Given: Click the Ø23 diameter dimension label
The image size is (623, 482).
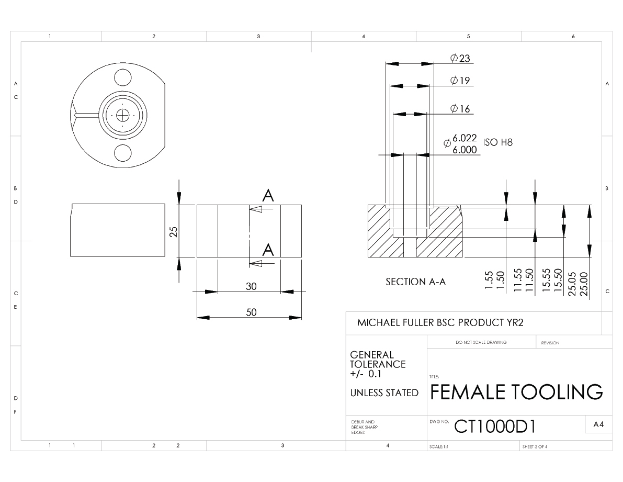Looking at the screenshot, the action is (460, 58).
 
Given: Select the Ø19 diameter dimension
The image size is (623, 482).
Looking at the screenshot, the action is (460, 80).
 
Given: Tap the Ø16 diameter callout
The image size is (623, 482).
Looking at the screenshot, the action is (460, 108).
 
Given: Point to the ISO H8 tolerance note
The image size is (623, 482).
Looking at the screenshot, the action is (498, 142).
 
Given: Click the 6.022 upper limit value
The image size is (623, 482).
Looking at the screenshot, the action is (465, 138).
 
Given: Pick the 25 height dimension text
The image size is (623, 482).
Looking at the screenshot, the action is (174, 232).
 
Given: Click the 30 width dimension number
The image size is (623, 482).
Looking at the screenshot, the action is (251, 286).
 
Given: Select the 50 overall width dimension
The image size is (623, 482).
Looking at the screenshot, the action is (251, 312).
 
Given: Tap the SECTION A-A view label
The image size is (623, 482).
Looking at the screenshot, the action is (416, 282).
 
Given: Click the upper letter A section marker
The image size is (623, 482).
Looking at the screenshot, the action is (268, 196).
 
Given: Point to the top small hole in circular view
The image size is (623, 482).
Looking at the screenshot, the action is (123, 77).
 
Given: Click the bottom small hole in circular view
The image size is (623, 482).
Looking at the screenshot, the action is (123, 153).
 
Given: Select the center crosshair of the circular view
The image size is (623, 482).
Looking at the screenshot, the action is (123, 116).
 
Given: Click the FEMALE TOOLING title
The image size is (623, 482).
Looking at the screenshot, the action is (516, 392).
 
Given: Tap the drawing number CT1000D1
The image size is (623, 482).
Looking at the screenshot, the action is (495, 427).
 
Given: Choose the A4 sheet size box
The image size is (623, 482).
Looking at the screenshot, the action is (598, 424).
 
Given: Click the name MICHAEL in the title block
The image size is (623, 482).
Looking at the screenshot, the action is (379, 323).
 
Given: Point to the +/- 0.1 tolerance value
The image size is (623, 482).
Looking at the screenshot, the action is (366, 374).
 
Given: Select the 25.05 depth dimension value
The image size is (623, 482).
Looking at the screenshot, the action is (572, 284).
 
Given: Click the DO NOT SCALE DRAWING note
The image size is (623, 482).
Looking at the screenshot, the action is (481, 342).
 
